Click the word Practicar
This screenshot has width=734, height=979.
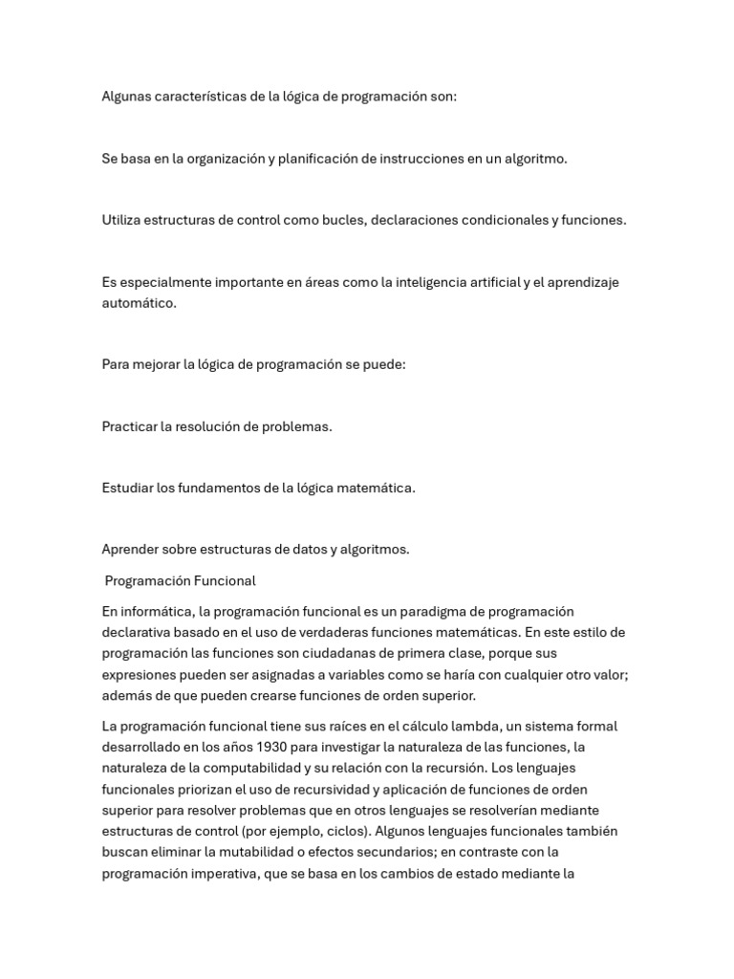(x=130, y=426)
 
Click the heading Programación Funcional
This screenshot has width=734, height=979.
(x=180, y=580)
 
